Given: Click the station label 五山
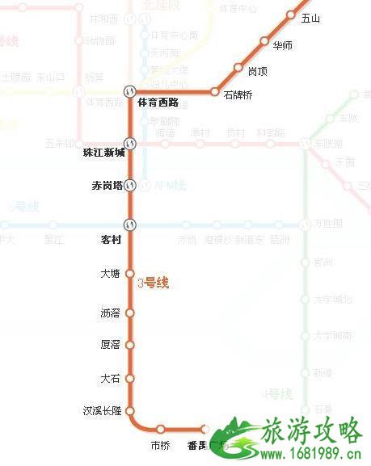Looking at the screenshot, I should pyautogui.click(x=309, y=18).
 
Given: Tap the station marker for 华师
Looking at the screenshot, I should pyautogui.click(x=264, y=41).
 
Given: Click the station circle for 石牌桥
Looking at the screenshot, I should pyautogui.click(x=215, y=91).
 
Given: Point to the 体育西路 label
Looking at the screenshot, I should pyautogui.click(x=158, y=102).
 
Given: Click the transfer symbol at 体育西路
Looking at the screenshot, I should pyautogui.click(x=129, y=91).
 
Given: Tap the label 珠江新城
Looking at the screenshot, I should pyautogui.click(x=104, y=152).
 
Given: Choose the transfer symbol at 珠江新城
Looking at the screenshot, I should pyautogui.click(x=129, y=144).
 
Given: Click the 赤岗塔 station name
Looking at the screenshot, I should pyautogui.click(x=107, y=186).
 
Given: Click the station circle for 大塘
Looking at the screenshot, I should pyautogui.click(x=129, y=274).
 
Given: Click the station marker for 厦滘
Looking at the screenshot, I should pyautogui.click(x=129, y=344).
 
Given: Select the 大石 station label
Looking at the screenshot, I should pyautogui.click(x=110, y=377).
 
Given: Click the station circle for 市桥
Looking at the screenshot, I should pyautogui.click(x=161, y=429).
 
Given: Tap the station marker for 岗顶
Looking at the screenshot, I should pyautogui.click(x=238, y=68).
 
